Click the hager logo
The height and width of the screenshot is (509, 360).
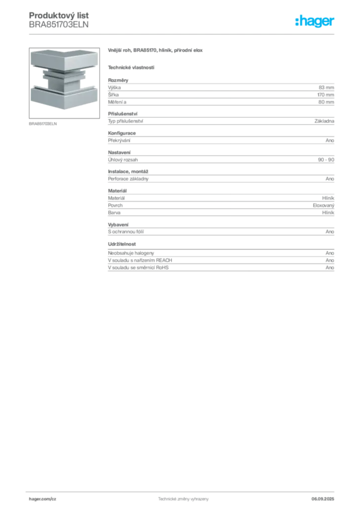(x=315, y=21)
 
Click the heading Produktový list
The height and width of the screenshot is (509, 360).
(x=59, y=15)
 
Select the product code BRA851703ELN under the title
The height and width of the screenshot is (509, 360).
(x=59, y=25)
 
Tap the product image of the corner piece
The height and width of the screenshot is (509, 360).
(x=64, y=83)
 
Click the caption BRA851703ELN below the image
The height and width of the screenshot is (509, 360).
(x=43, y=124)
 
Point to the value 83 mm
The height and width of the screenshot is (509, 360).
(x=326, y=87)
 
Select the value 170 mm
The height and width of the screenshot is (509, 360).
(x=326, y=95)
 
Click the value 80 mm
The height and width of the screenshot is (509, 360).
(x=326, y=102)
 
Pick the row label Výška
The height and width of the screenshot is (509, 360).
(x=114, y=87)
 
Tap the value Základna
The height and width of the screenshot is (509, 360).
(x=324, y=121)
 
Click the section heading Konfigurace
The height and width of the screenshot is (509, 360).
(x=122, y=133)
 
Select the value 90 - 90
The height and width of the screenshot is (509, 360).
(x=326, y=160)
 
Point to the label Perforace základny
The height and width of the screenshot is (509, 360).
(x=128, y=179)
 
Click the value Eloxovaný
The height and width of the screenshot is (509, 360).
(x=323, y=205)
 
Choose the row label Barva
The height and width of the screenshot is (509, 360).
(x=114, y=213)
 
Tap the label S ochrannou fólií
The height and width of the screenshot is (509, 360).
(x=126, y=232)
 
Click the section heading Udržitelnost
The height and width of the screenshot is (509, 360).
(x=122, y=244)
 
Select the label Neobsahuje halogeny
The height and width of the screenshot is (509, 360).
(x=131, y=253)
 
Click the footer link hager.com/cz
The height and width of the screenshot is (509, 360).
(x=43, y=499)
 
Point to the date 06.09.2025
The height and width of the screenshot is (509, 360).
(x=323, y=499)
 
